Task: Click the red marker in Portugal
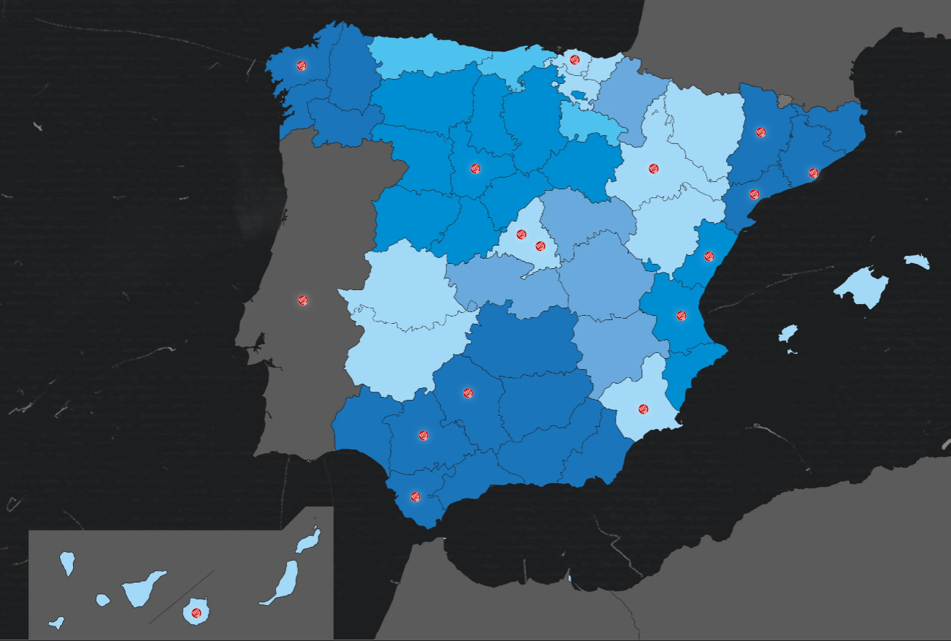[x=303, y=300]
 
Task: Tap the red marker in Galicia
[x=301, y=65]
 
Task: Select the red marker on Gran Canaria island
[x=196, y=612]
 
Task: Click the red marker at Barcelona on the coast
[x=813, y=173]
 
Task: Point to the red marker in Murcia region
[x=643, y=409]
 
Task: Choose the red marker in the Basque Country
[x=575, y=59]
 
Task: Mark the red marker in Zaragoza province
[x=654, y=168]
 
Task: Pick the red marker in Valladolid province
[x=475, y=169]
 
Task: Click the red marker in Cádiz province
[x=416, y=496]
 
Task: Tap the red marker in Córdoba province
[x=467, y=393]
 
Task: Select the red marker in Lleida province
[x=761, y=132]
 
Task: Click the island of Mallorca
[x=864, y=287]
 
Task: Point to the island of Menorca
[x=917, y=261]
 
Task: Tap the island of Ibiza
[x=787, y=334]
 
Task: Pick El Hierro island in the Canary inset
[x=56, y=623]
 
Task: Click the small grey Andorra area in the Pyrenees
[x=784, y=99]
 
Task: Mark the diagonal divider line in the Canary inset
[x=182, y=597]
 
